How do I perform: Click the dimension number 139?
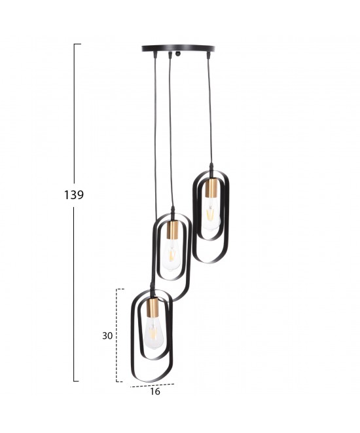[74, 195]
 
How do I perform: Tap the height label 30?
[107, 336]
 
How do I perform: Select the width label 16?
[155, 391]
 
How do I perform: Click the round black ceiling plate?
[178, 48]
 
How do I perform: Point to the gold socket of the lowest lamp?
[151, 307]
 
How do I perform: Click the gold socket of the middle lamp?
[173, 231]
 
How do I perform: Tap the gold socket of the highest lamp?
[211, 188]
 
